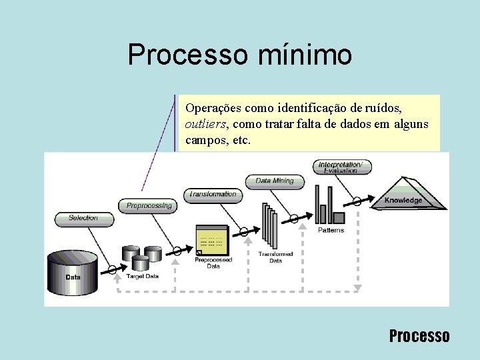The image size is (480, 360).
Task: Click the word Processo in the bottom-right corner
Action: coord(419,335)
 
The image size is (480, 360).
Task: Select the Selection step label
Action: coord(83,218)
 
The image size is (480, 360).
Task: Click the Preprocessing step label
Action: coord(149,206)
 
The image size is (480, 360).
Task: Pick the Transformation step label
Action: coord(213,195)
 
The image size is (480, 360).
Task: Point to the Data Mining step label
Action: coord(274,181)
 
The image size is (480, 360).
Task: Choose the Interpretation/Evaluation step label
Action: coord(341,167)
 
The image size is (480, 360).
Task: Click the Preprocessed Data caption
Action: coord(213,263)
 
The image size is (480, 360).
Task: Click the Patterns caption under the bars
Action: coord(331,231)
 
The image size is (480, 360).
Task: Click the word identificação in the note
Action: coord(307,107)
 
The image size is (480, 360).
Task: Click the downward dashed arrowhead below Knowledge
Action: coord(357,288)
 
